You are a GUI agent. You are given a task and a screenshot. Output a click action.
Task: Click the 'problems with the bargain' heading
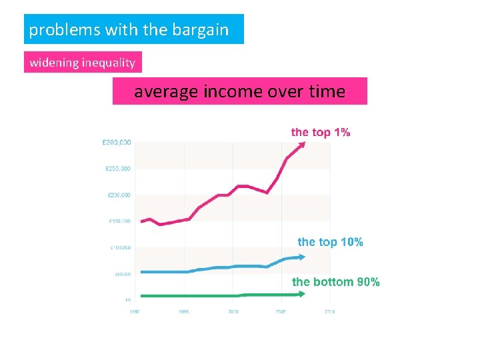(129, 30)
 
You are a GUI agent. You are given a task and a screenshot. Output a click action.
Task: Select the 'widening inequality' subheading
(83, 63)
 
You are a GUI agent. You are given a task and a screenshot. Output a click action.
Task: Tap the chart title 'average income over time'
(239, 91)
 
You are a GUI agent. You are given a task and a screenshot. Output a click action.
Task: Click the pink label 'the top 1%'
(320, 132)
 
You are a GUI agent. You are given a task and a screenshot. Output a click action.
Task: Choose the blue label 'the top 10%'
(330, 242)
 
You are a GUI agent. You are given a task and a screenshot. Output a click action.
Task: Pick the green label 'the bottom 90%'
(335, 282)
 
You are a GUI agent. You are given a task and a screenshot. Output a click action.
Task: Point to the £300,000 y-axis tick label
(117, 142)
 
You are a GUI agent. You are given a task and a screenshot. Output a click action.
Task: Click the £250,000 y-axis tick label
(117, 169)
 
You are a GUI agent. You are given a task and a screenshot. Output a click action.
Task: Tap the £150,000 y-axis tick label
(119, 221)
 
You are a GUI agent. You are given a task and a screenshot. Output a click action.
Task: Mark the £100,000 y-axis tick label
(119, 248)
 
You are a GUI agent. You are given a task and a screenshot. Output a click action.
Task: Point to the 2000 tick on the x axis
(233, 312)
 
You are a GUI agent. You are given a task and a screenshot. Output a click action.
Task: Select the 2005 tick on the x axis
(281, 312)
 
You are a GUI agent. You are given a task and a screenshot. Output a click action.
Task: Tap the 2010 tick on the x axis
(330, 312)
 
